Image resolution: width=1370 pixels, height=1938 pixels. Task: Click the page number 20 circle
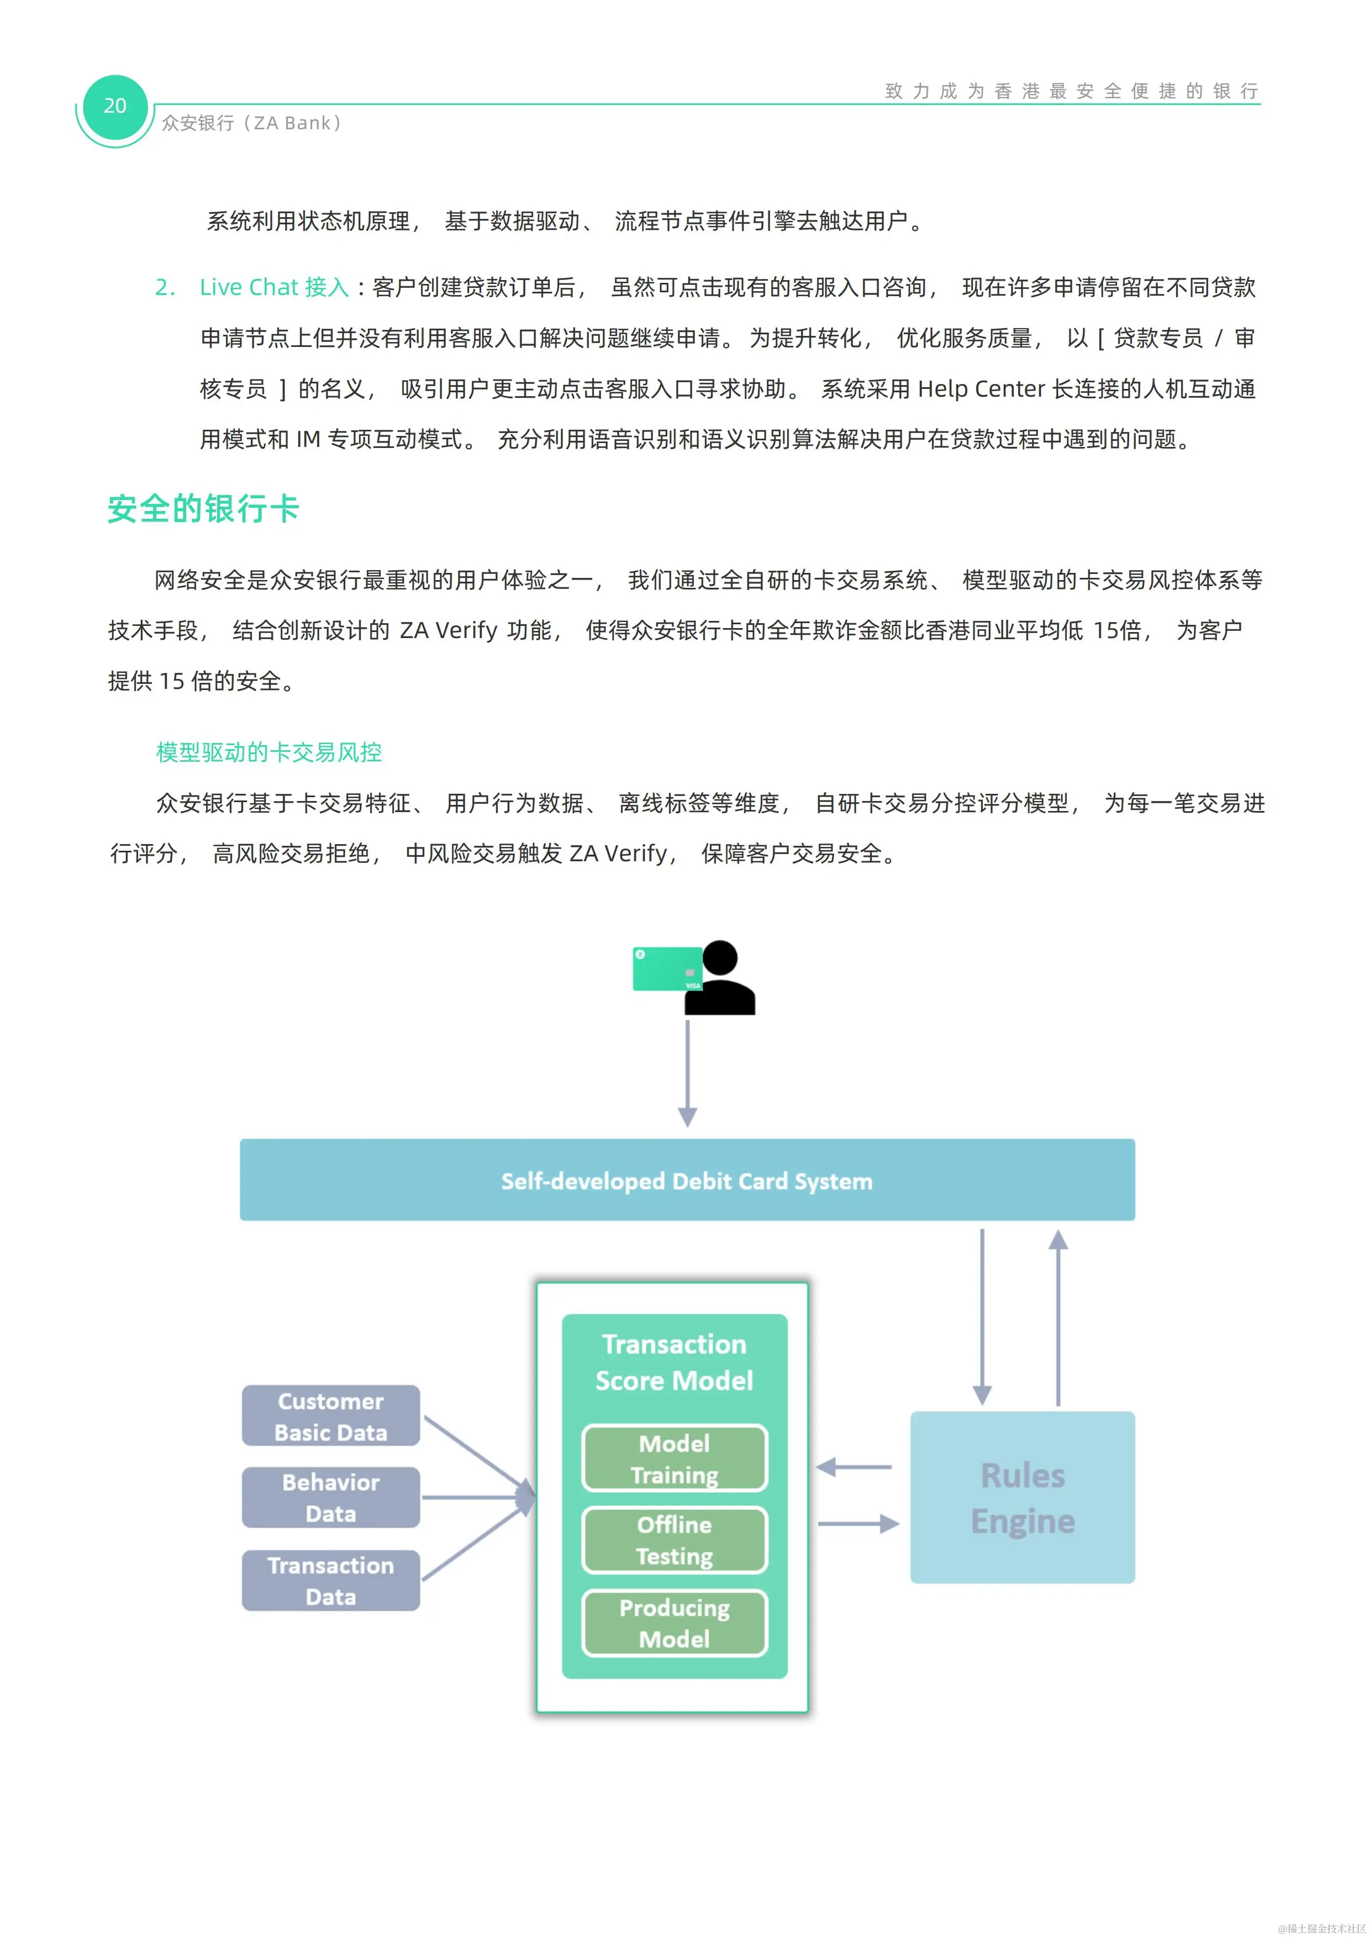115,107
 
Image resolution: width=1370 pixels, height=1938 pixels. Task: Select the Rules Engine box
1021,1497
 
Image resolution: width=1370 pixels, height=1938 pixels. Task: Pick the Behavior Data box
331,1497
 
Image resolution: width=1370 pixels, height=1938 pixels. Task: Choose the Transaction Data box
331,1580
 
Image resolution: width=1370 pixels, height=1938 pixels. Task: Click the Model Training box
675,1458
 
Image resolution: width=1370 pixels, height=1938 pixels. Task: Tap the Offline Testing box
675,1540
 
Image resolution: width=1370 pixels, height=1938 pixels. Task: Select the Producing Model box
675,1623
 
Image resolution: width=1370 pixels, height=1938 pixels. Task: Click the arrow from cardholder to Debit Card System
687,1072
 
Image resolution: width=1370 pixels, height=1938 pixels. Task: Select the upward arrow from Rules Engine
1058,1316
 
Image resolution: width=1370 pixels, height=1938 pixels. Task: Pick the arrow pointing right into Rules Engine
857,1524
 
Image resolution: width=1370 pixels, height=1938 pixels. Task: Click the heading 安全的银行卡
203,509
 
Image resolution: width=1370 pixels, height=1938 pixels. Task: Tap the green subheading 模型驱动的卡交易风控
268,752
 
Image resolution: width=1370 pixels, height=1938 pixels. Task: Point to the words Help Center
981,389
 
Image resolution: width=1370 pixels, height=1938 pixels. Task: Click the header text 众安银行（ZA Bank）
251,123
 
